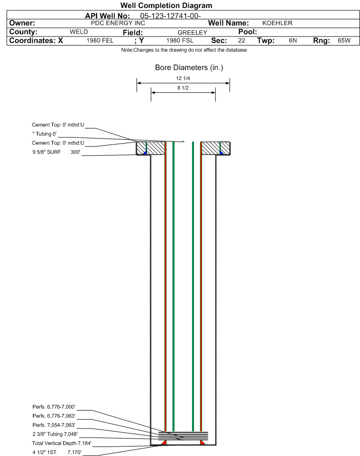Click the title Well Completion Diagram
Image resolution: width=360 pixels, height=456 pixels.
point(166,6)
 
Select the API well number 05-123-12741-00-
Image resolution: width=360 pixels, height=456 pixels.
point(170,16)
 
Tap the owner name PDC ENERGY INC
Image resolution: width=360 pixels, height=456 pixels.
point(118,23)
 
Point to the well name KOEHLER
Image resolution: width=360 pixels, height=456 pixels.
point(277,23)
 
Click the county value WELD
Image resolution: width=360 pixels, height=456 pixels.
point(79,32)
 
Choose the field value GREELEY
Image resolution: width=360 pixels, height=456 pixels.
point(193,33)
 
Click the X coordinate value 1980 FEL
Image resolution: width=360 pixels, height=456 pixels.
point(100,40)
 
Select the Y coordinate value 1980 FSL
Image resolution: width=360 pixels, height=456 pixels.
point(180,40)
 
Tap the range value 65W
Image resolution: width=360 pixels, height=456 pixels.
point(344,40)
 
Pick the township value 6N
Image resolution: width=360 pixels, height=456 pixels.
point(293,40)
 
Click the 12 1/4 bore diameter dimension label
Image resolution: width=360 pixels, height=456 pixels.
point(183,78)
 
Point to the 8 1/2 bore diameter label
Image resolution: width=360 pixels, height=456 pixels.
point(183,88)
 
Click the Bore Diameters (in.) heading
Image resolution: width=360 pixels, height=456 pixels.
point(189,68)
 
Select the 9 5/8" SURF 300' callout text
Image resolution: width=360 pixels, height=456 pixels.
point(56,152)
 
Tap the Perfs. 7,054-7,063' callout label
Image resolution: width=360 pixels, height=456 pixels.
point(54,425)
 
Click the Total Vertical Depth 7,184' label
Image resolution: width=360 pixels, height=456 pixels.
point(62,443)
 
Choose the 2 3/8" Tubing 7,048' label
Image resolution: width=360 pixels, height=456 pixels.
point(55,434)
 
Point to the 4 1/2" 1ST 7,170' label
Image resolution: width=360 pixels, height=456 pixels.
point(57,452)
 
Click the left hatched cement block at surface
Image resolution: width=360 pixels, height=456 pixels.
point(151,148)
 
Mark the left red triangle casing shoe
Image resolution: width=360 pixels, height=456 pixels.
point(164,442)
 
